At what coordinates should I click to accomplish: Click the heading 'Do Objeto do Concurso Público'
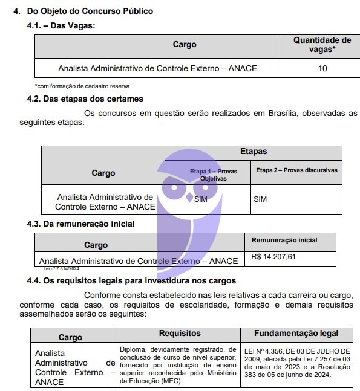pyautogui.click(x=94, y=11)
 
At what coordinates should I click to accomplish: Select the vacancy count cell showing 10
pyautogui.click(x=322, y=68)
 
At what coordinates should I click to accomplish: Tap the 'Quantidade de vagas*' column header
pyautogui.click(x=322, y=45)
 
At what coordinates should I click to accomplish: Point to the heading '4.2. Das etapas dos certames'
pyautogui.click(x=85, y=99)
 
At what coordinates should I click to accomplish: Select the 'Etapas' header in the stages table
pyautogui.click(x=253, y=152)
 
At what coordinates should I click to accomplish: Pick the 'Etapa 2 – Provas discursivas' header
pyautogui.click(x=296, y=170)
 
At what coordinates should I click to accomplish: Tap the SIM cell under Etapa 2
pyautogui.click(x=260, y=199)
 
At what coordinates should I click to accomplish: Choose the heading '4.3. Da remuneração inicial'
pyautogui.click(x=80, y=224)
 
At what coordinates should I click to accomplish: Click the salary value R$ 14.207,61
pyautogui.click(x=273, y=257)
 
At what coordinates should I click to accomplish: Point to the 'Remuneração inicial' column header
pyautogui.click(x=284, y=241)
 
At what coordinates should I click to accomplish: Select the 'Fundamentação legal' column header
pyautogui.click(x=296, y=334)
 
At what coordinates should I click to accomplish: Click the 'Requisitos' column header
pyautogui.click(x=180, y=334)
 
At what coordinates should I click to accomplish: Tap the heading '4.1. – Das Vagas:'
pyautogui.click(x=61, y=25)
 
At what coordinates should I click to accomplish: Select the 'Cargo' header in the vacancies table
pyautogui.click(x=185, y=45)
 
